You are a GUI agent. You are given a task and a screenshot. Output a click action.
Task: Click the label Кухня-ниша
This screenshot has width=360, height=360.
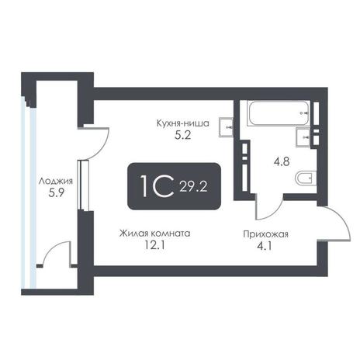(182, 123)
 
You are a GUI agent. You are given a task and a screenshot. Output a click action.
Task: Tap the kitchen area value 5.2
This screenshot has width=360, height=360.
(183, 135)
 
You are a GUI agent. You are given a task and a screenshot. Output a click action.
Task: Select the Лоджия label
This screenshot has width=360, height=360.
(56, 181)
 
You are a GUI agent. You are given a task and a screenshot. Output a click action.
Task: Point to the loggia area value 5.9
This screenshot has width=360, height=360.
(56, 192)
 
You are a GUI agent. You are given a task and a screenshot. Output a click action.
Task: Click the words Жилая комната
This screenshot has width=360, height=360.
(154, 234)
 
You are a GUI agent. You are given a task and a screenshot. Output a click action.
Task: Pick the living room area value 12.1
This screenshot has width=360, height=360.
(154, 245)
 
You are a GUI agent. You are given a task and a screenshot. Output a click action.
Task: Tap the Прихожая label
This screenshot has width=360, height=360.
(265, 234)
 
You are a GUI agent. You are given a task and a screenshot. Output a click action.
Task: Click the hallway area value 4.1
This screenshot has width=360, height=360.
(265, 246)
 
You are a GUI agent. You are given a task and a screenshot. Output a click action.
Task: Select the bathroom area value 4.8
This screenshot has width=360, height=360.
(282, 162)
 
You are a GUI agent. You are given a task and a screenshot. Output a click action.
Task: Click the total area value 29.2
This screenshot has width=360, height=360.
(193, 186)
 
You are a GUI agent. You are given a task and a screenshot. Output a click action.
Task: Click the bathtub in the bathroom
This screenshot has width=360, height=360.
(278, 113)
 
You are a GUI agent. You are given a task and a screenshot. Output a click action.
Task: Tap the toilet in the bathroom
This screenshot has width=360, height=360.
(306, 178)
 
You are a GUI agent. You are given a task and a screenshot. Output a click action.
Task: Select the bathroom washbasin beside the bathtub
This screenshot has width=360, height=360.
(303, 137)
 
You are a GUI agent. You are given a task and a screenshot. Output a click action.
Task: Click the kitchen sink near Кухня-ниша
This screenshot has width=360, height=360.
(226, 127)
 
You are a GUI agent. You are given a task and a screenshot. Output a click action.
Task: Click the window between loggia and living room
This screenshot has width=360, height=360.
(84, 185)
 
